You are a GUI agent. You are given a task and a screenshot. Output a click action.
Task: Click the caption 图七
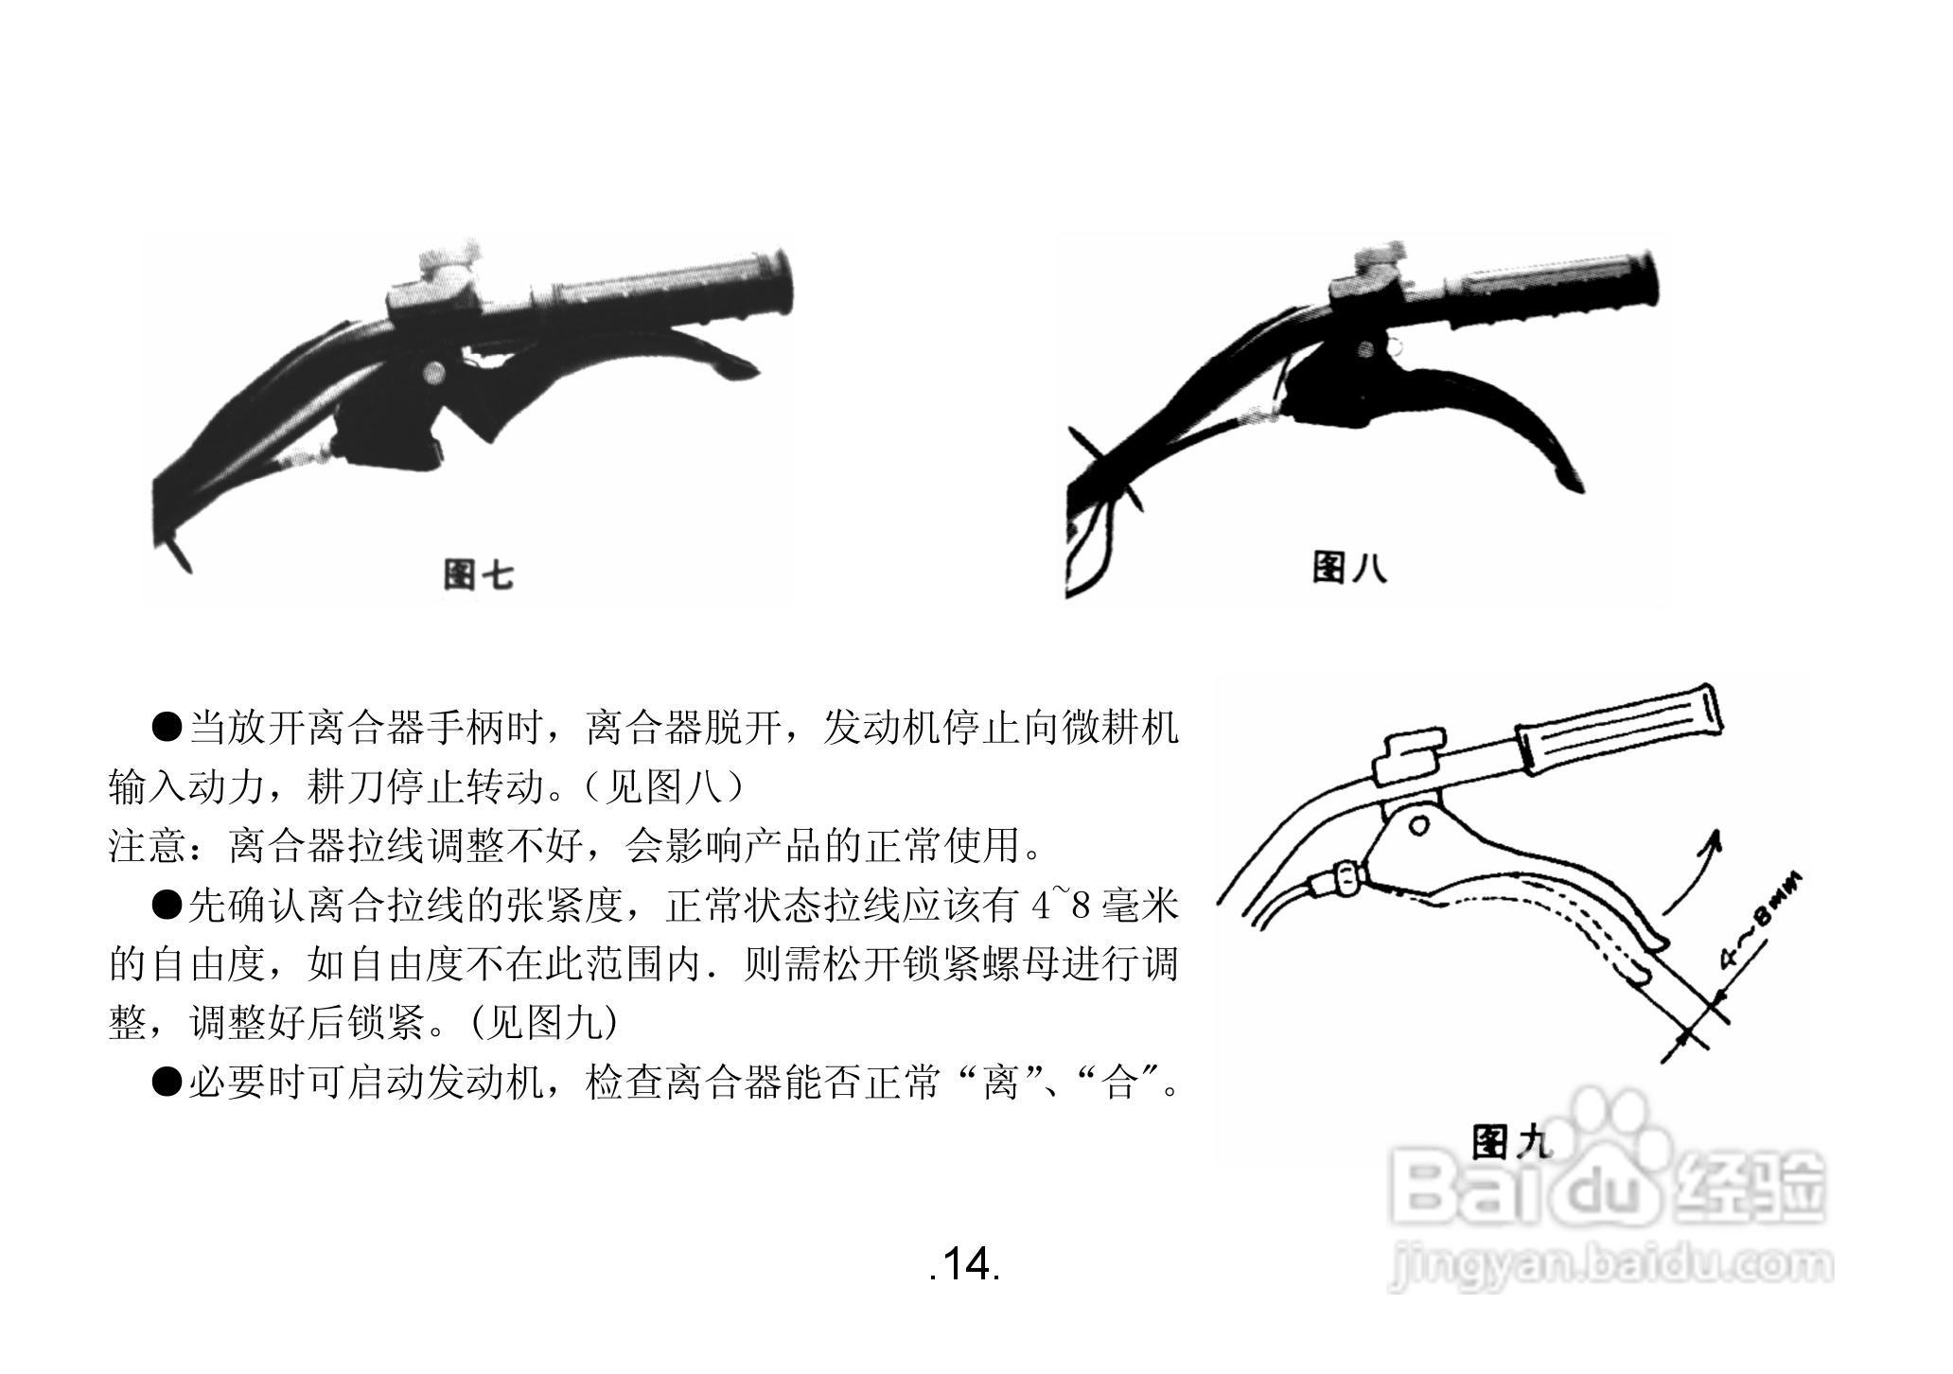coord(478,573)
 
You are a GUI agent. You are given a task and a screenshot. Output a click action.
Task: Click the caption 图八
coord(1348,567)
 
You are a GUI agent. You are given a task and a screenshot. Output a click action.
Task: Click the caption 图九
coord(1511,1142)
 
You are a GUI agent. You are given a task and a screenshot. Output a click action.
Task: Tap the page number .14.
coord(964,1264)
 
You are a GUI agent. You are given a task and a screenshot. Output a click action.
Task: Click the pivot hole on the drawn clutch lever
coord(1418,826)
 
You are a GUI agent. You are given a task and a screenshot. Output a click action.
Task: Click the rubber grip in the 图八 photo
coord(1552,289)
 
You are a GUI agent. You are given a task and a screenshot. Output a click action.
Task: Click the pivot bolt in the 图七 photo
coord(434,372)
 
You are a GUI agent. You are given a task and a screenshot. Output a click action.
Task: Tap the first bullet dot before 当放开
coord(167,728)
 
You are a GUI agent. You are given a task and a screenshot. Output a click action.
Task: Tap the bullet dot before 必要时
coord(167,1082)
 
